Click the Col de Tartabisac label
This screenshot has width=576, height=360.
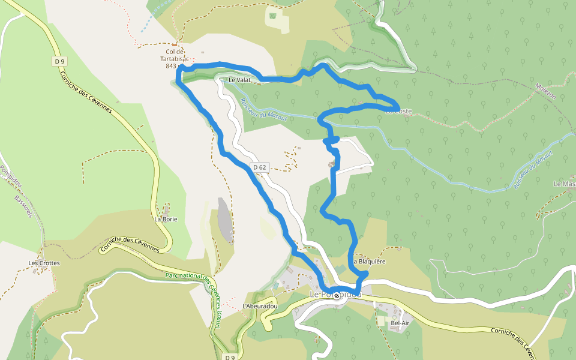click(174, 56)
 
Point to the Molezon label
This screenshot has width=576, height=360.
click(546, 91)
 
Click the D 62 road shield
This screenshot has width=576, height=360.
click(259, 167)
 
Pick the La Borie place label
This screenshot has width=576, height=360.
click(166, 219)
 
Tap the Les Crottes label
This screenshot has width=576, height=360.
click(44, 263)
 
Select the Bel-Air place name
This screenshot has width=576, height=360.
click(400, 323)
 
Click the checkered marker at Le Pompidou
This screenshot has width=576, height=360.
click(337, 295)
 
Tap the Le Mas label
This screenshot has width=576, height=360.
click(565, 184)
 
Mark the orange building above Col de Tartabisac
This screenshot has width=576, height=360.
click(175, 44)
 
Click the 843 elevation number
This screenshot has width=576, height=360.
click(170, 66)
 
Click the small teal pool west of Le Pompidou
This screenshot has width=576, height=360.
click(275, 286)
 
